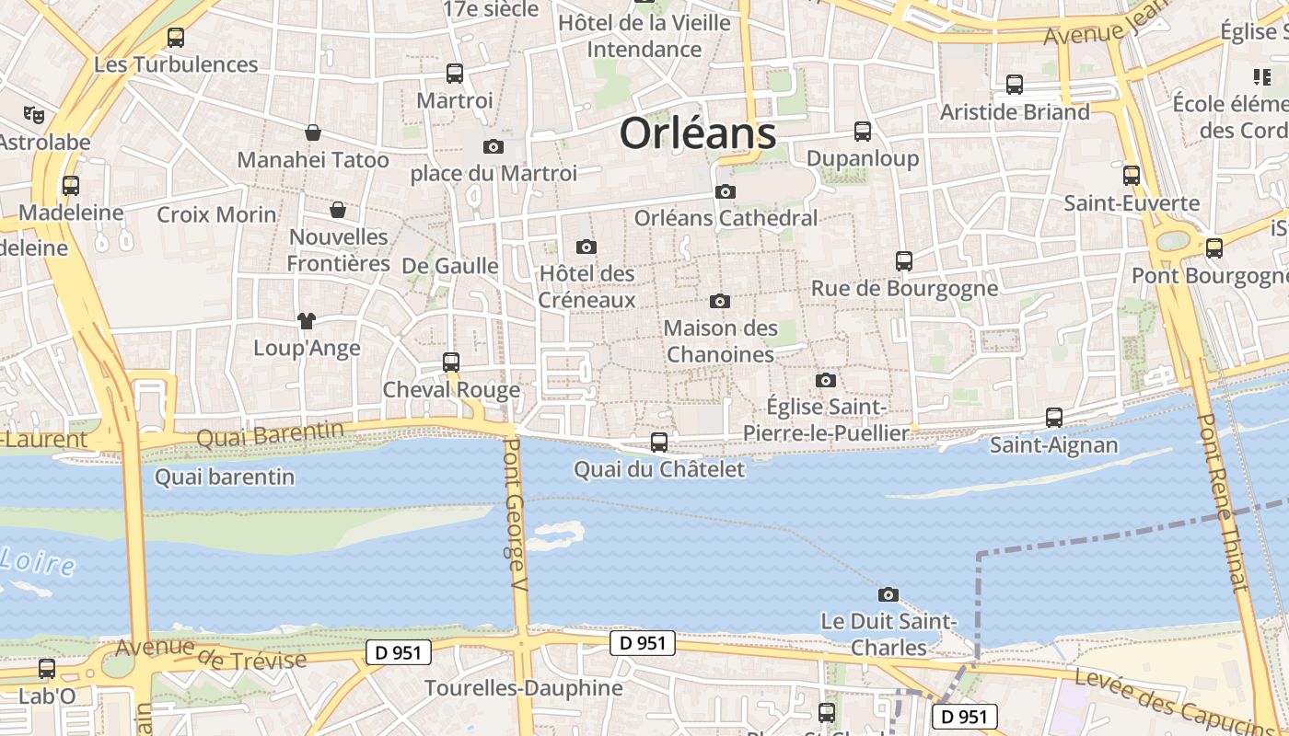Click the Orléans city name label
[698, 133]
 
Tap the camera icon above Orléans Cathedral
[726, 191]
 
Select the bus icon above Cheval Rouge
[451, 362]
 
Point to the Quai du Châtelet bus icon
[659, 443]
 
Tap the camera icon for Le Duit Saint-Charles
[888, 594]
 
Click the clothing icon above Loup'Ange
[307, 321]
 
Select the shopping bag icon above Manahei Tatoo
[313, 132]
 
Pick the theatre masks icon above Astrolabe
[34, 115]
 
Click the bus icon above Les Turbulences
[176, 38]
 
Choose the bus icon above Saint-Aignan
[1054, 418]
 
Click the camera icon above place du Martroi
[494, 146]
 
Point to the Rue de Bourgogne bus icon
[904, 261]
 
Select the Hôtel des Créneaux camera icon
[586, 247]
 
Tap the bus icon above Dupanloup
[863, 132]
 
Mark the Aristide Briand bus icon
[1015, 85]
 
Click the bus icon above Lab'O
[47, 669]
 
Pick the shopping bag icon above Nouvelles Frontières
[338, 210]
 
